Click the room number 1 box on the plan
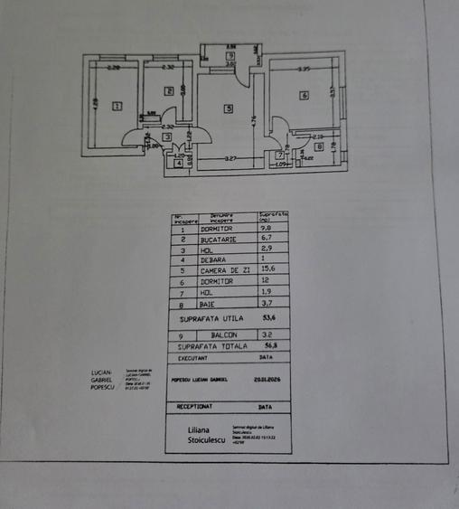click(x=117, y=106)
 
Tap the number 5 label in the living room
click(x=229, y=108)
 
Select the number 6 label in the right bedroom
click(x=304, y=96)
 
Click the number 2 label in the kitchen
click(x=169, y=90)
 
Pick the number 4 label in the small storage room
click(x=179, y=164)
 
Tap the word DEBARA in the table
click(x=214, y=260)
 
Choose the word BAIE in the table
click(x=211, y=303)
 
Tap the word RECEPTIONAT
click(x=196, y=408)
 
